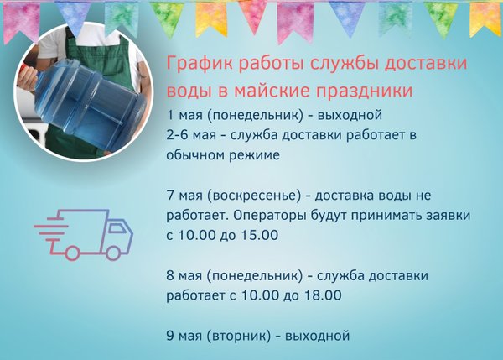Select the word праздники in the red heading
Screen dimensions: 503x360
[365, 91]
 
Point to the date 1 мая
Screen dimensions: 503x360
[184, 115]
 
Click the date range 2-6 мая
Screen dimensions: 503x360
[191, 135]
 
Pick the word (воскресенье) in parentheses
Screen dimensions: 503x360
[254, 196]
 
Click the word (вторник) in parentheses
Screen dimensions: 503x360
[239, 336]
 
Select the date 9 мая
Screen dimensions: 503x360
[184, 336]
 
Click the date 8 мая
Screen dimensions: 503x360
[184, 276]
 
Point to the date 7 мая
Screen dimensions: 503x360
[184, 196]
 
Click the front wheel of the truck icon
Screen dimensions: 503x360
[113, 253]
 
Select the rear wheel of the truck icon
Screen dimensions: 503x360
[72, 253]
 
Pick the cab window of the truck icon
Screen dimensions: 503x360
[117, 228]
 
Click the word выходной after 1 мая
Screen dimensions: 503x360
[350, 115]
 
